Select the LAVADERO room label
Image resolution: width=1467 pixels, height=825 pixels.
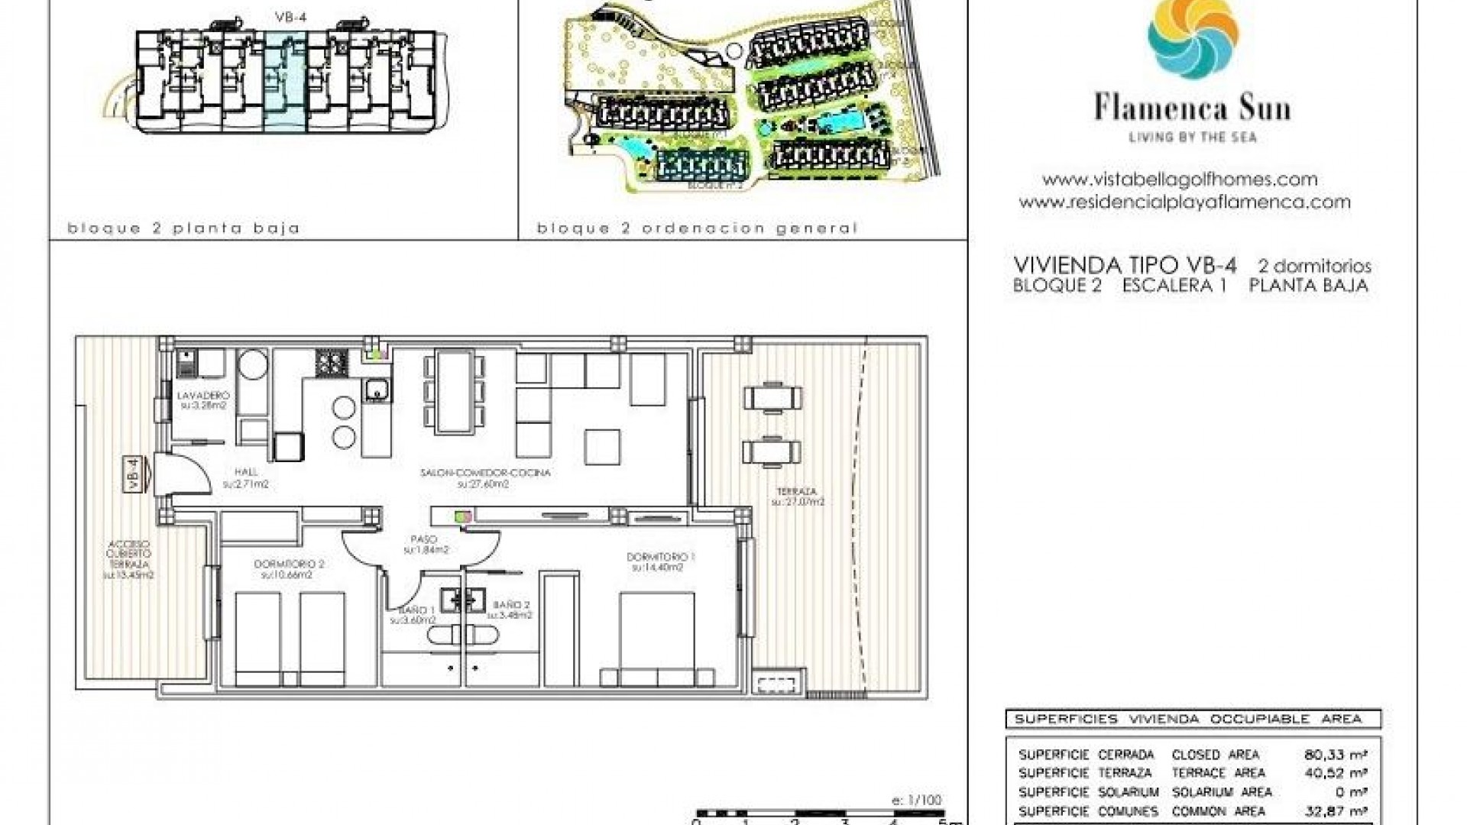point(202,396)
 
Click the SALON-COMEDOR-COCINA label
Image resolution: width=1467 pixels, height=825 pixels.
point(484,474)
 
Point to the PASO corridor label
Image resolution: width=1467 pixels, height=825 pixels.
point(425,539)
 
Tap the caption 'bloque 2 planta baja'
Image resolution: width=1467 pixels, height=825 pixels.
point(183,228)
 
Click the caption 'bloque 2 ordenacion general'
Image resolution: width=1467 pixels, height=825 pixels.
point(697,228)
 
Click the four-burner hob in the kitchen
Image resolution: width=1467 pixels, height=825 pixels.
point(332,362)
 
